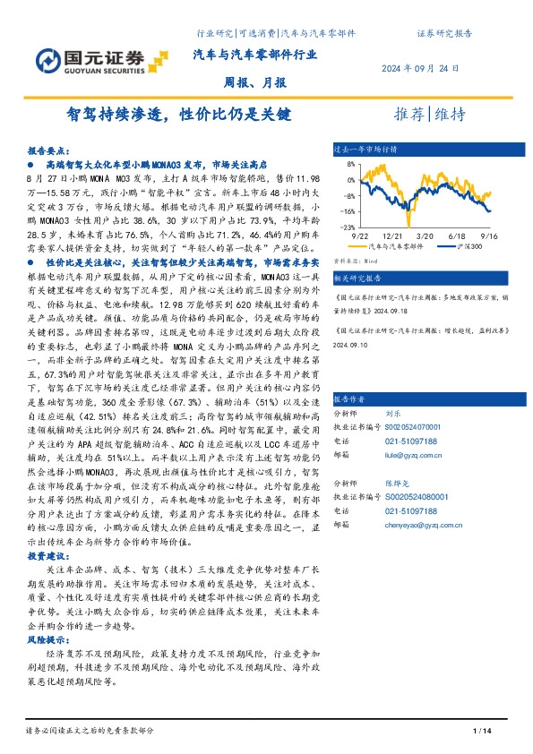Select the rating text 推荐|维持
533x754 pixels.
pos(431,115)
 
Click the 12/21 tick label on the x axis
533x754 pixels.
pos(394,233)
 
